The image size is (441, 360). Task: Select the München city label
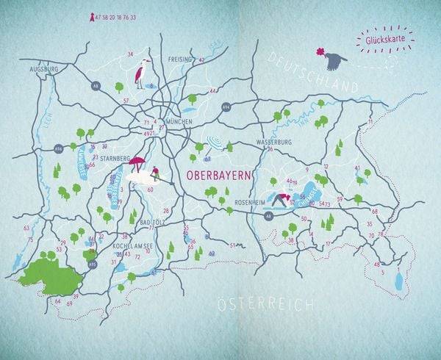(179, 122)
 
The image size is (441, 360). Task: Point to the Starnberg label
(114, 156)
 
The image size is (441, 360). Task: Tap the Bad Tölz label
(151, 222)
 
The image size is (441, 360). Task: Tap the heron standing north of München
(140, 73)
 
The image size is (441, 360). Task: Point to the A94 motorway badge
(225, 107)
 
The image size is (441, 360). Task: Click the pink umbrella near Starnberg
(137, 162)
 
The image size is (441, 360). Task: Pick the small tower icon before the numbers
(92, 17)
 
